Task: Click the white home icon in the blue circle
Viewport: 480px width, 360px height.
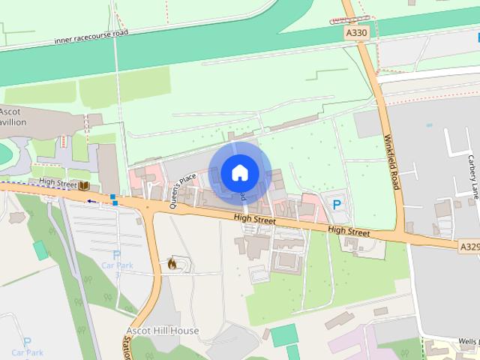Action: pyautogui.click(x=239, y=172)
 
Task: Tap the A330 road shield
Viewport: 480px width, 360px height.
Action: pyautogui.click(x=357, y=33)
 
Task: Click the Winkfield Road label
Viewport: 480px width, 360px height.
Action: pyautogui.click(x=391, y=162)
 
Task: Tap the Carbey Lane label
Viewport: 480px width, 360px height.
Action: pyautogui.click(x=473, y=173)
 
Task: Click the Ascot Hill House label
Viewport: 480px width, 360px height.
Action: pyautogui.click(x=162, y=331)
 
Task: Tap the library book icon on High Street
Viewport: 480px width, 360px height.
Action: pyautogui.click(x=85, y=185)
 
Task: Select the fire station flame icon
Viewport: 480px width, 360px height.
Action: pyautogui.click(x=172, y=263)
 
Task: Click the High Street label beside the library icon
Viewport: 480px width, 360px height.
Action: pyautogui.click(x=58, y=182)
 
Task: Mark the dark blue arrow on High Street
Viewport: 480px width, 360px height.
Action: pyautogui.click(x=91, y=201)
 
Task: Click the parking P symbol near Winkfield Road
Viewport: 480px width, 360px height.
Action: pyautogui.click(x=337, y=203)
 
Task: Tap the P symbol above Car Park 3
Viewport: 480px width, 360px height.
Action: pyautogui.click(x=116, y=256)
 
